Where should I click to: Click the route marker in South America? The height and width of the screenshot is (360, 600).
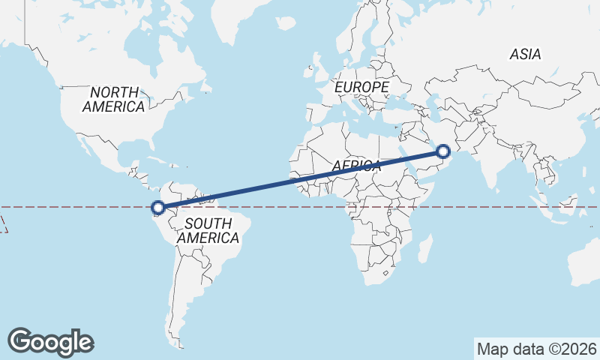157,208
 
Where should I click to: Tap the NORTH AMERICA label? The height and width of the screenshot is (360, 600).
114,99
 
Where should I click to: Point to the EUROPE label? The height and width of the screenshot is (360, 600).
361,88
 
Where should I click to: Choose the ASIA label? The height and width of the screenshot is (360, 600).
525,54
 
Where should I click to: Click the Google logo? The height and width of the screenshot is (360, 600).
50,342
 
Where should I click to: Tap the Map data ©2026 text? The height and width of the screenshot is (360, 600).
536,349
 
